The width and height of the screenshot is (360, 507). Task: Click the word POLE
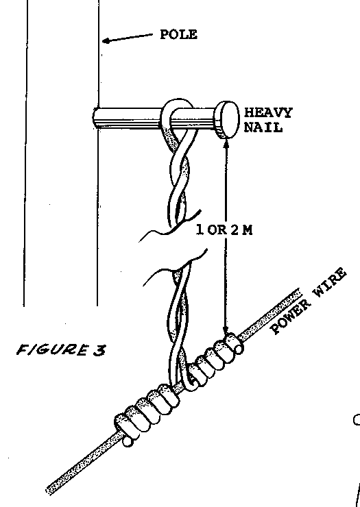coord(178,34)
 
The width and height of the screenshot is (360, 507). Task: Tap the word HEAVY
coord(267,112)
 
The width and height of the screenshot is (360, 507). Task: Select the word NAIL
coord(263,127)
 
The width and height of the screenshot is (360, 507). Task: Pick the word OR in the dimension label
coord(217,230)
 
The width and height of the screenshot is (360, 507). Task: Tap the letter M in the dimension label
coord(248,230)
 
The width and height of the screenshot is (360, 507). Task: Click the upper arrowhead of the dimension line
coord(226,144)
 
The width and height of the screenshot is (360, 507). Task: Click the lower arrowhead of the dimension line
coord(226,329)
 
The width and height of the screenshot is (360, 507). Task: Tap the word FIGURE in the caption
coord(52,349)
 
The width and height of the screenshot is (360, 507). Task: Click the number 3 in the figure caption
coord(99,350)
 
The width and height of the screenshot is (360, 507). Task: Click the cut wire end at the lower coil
coord(128,442)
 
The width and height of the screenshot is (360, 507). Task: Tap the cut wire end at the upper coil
coord(239,349)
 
